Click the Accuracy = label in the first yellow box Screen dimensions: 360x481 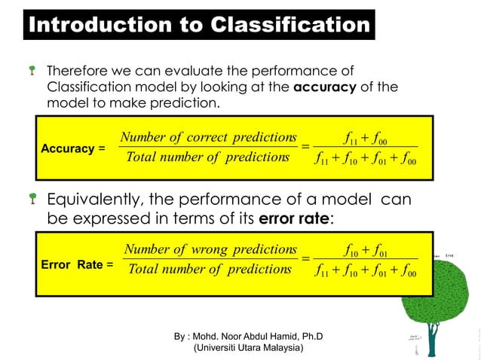pyautogui.click(x=72, y=148)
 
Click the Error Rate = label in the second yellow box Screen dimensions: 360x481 pyautogui.click(x=77, y=265)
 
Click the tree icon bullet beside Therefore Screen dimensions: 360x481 pyautogui.click(x=33, y=72)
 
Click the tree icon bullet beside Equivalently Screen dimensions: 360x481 pyautogui.click(x=33, y=200)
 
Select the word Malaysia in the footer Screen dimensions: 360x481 pyautogui.click(x=282, y=348)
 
